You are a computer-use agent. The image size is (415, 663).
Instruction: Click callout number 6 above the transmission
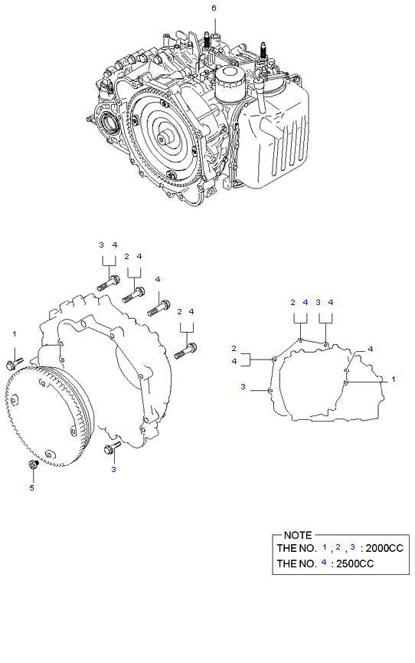[x=214, y=8]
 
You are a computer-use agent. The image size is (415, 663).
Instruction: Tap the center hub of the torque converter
[x=164, y=139]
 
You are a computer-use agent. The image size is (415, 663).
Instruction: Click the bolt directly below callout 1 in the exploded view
[x=15, y=359]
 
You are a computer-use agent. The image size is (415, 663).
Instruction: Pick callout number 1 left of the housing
[x=14, y=333]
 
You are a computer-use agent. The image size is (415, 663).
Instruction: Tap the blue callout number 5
[x=31, y=487]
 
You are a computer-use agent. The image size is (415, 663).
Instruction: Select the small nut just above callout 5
[x=32, y=465]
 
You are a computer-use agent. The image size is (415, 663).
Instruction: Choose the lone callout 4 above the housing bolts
[x=157, y=279]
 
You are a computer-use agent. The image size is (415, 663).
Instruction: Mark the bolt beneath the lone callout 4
[x=158, y=308]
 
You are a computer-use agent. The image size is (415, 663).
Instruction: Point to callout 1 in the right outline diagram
[x=394, y=379]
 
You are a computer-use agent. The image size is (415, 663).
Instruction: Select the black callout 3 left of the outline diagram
[x=243, y=387]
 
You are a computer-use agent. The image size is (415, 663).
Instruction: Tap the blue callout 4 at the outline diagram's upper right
[x=371, y=349]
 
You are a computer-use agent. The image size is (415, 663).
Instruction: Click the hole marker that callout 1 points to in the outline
[x=347, y=381]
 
